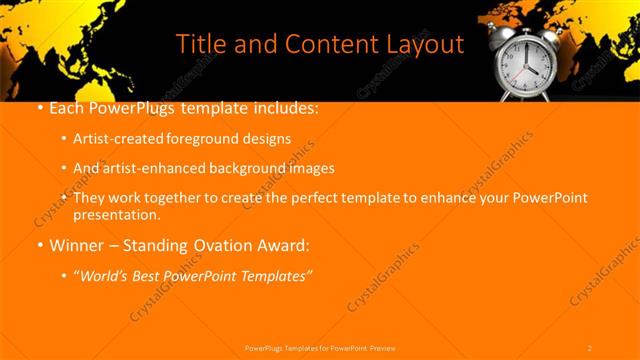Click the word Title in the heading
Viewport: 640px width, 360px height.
coord(201,45)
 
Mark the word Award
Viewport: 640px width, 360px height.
coord(290,244)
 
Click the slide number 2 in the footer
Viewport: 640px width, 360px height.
coord(590,347)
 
